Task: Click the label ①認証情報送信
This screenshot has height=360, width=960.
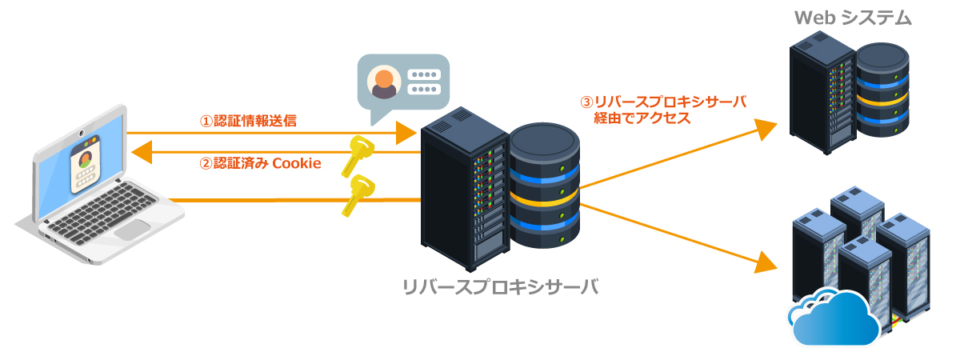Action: (248, 122)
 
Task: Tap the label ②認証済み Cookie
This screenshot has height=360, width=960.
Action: (260, 163)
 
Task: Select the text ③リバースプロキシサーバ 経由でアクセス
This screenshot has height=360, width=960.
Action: (663, 110)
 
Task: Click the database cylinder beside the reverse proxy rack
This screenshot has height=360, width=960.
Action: (544, 186)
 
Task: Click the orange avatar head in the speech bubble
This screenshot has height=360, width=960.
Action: (385, 78)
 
